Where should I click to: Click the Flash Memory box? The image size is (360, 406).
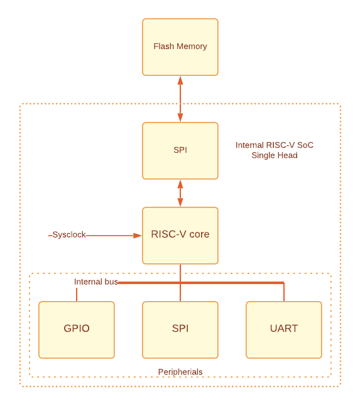(180, 47)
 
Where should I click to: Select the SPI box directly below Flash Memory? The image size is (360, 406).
(180, 151)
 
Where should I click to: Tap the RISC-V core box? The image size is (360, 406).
(180, 236)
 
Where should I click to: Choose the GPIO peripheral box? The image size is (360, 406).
(77, 330)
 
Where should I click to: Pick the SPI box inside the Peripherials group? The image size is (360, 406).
(180, 330)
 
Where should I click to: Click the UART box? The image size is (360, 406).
(284, 330)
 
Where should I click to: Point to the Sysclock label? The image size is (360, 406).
(69, 235)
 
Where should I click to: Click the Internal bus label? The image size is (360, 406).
(96, 282)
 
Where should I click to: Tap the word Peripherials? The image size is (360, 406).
(180, 372)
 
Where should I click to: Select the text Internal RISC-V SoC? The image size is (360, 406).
(275, 145)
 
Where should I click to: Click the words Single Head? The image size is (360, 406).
(275, 155)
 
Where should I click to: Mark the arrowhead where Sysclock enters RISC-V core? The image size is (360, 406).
(138, 236)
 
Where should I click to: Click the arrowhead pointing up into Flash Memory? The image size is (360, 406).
(180, 80)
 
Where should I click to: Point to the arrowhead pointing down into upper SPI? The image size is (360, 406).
(180, 118)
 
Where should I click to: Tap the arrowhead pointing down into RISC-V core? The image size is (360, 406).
(180, 202)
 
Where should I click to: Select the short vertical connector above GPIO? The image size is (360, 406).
(77, 295)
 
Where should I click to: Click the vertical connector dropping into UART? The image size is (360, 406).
(284, 292)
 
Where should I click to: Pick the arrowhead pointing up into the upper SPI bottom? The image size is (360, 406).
(180, 184)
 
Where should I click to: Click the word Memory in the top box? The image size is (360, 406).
(192, 47)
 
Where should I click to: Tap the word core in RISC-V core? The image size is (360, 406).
(199, 234)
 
